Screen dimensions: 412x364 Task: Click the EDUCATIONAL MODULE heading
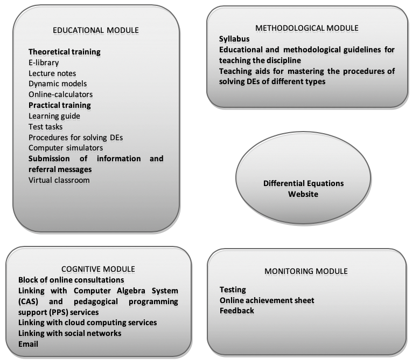click(x=96, y=31)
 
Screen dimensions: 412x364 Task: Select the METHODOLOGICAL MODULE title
click(x=306, y=28)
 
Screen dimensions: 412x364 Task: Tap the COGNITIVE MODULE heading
click(x=98, y=269)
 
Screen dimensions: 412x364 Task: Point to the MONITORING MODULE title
click(x=306, y=271)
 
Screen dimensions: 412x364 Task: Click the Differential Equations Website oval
click(x=303, y=178)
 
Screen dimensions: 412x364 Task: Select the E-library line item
click(x=44, y=63)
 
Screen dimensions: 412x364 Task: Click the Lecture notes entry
click(x=52, y=73)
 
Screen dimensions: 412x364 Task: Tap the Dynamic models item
click(x=58, y=84)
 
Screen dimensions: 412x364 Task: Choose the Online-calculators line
click(x=61, y=94)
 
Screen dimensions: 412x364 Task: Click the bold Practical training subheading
click(x=60, y=105)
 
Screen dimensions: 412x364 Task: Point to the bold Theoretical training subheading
click(x=65, y=52)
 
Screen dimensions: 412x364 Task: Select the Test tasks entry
click(x=45, y=127)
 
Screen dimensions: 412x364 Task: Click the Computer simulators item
click(x=66, y=148)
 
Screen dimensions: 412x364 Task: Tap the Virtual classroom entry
click(x=59, y=180)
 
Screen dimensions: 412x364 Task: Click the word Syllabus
click(x=234, y=39)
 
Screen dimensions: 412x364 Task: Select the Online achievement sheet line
click(x=267, y=300)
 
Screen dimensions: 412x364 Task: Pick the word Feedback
click(x=237, y=311)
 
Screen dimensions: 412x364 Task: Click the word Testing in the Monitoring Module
click(x=233, y=290)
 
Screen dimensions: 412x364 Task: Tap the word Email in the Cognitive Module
click(x=28, y=344)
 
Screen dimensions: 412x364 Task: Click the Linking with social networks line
click(x=70, y=333)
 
